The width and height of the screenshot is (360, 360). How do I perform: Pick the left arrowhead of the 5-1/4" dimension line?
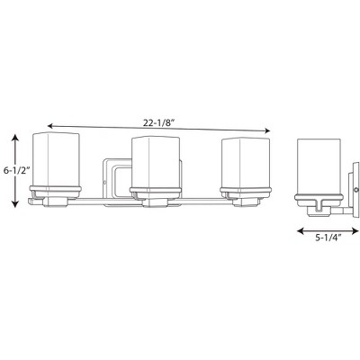(298, 229)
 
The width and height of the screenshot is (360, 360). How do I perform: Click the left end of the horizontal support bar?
(33, 201)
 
